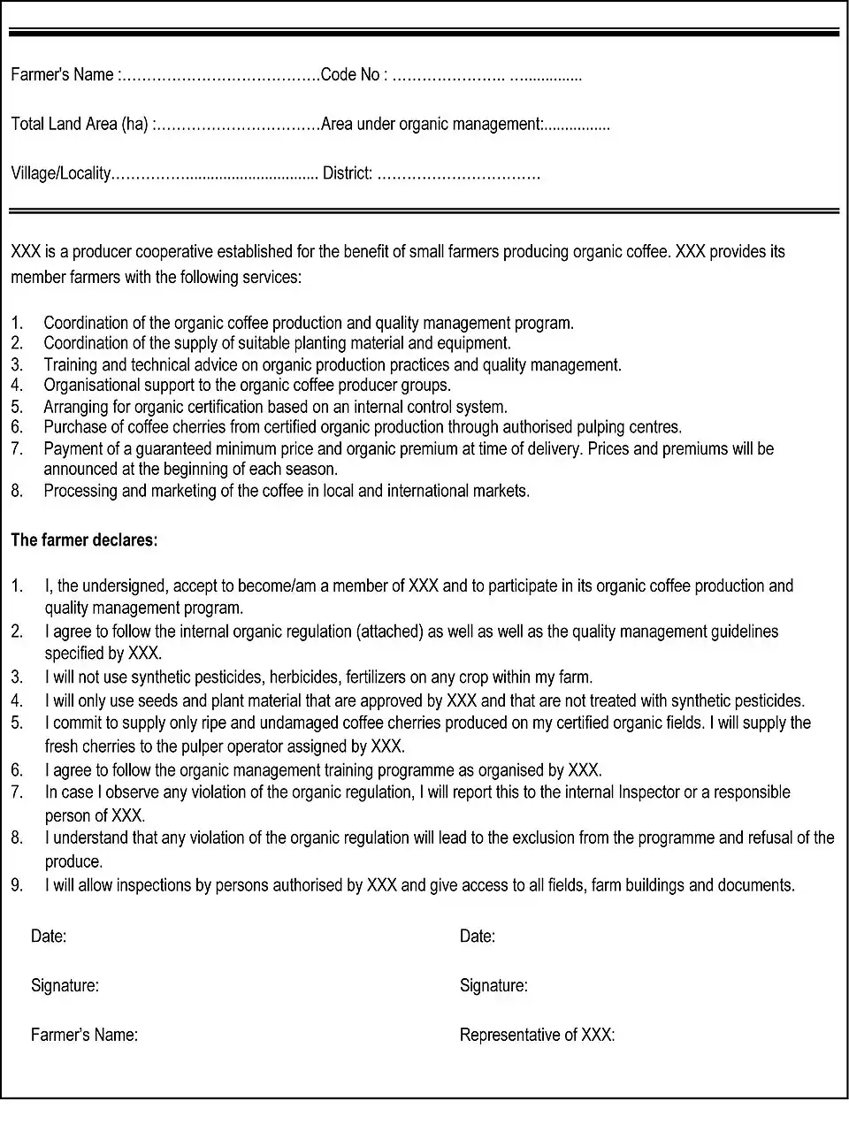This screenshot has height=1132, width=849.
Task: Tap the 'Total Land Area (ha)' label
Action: (80, 124)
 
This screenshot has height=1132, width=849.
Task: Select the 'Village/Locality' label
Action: (60, 173)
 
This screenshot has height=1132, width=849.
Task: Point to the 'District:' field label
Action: (348, 173)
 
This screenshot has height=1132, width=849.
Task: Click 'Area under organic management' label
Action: (431, 124)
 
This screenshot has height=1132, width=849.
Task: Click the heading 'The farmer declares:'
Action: (84, 539)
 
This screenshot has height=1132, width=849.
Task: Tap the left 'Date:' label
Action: (49, 936)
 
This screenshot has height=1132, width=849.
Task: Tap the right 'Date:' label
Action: (478, 936)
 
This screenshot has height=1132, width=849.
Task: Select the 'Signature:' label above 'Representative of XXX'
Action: (493, 985)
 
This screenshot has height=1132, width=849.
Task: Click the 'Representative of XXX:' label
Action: (537, 1035)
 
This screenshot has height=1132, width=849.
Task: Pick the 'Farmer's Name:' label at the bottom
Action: (84, 1035)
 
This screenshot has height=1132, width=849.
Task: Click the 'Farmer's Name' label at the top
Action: (62, 75)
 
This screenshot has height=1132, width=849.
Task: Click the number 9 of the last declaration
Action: (17, 884)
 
